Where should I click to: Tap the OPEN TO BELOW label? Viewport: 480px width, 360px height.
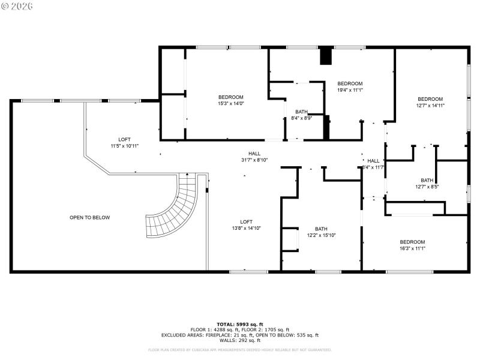click(90, 218)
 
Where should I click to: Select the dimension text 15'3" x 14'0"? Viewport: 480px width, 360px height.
click(230, 104)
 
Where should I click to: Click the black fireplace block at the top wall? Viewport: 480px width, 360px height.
click(326, 56)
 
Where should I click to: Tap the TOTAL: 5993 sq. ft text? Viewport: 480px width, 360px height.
click(240, 324)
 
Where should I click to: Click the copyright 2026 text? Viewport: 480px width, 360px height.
click(18, 5)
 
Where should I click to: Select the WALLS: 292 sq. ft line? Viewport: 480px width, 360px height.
click(240, 340)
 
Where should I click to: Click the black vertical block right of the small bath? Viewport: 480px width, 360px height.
click(326, 128)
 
